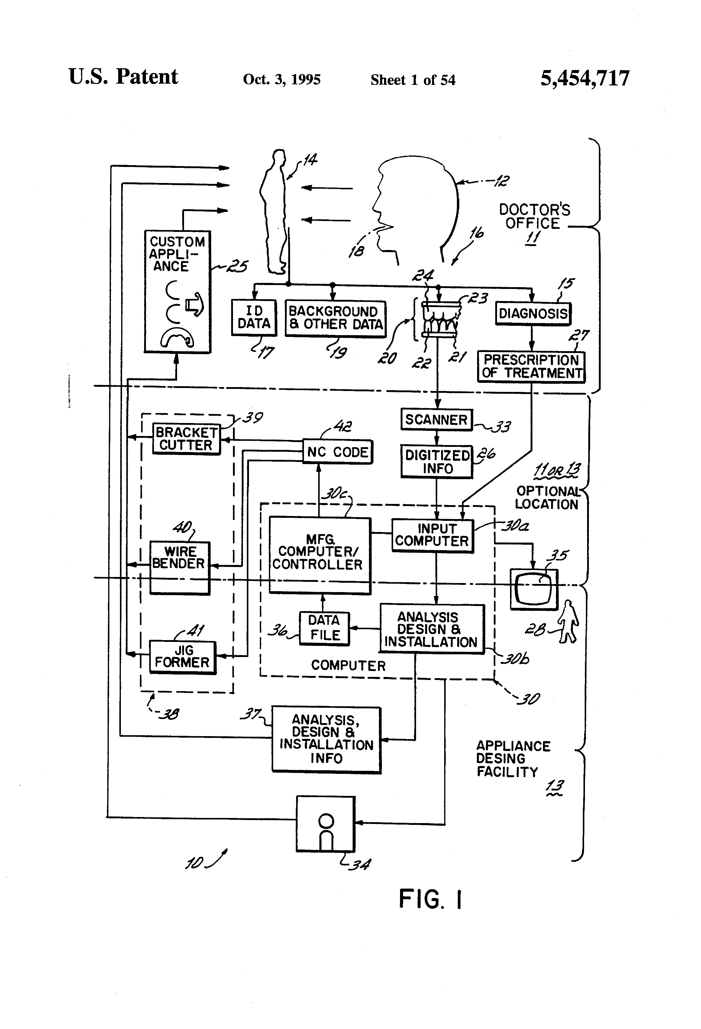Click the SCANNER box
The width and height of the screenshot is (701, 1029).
coord(437,419)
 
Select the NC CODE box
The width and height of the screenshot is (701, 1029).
coord(337,452)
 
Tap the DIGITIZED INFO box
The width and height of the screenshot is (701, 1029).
coord(437,462)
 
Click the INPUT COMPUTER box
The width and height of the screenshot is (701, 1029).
coord(432,535)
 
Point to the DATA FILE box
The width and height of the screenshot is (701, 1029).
coord(324,628)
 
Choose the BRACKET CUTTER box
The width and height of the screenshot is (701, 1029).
coord(186,439)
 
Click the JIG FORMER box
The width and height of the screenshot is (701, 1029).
coord(182,657)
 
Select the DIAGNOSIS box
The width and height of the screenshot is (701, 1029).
coord(533,313)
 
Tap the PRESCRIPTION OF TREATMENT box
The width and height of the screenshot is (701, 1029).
coord(531,367)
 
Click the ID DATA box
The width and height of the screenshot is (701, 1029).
coord(254,317)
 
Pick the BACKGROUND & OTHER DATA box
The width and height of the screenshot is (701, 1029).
coord(335,318)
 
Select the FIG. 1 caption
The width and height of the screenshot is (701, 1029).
coord(430,899)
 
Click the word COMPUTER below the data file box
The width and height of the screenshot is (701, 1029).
coord(348,665)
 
